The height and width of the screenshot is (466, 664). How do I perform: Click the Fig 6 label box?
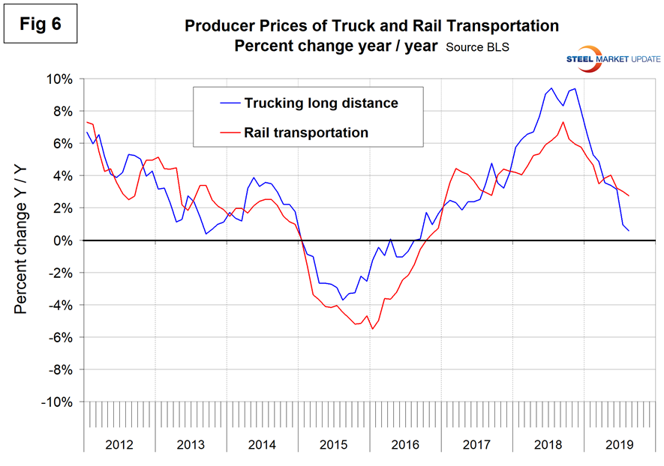pos(44,24)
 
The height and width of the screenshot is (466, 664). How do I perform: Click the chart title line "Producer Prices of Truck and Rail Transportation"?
pos(371,26)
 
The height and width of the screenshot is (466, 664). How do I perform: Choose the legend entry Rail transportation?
pos(306,133)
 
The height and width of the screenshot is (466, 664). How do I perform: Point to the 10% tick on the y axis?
pos(59,79)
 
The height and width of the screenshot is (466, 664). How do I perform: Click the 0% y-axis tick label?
pos(62,240)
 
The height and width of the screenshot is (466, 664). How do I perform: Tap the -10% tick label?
pos(56,402)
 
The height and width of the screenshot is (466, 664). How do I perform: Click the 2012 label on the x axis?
pos(119,444)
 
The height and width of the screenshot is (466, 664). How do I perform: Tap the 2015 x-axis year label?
pos(334,444)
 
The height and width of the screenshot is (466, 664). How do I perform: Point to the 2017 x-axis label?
pos(476,444)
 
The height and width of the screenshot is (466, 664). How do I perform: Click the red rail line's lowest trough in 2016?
pos(372,329)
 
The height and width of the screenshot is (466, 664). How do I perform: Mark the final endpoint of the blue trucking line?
pos(629,230)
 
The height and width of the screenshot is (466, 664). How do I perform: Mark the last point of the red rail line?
pos(629,196)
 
